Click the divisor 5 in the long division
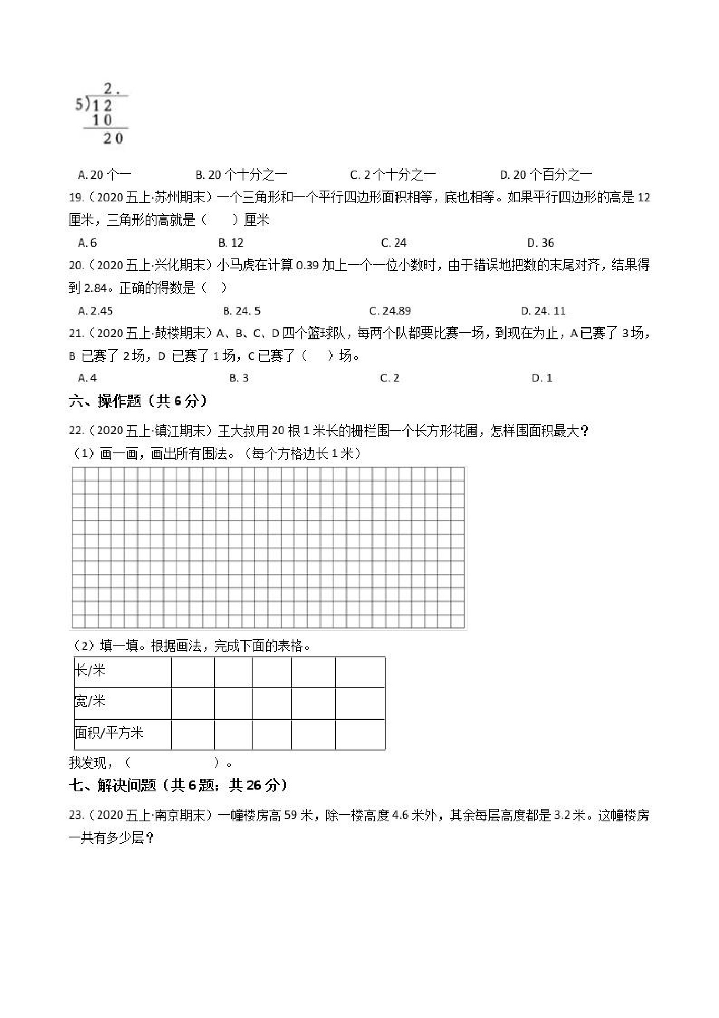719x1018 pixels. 79,105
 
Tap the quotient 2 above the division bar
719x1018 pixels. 108,89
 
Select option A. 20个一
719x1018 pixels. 105,175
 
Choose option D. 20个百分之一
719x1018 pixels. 546,175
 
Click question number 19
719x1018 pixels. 76,198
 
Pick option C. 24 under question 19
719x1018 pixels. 394,242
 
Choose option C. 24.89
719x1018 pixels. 390,310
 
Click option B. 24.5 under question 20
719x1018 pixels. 242,310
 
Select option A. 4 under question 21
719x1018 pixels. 87,378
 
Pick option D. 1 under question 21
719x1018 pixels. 542,378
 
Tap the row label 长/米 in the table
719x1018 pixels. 90,671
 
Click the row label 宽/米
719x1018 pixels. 90,701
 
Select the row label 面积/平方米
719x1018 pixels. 109,733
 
